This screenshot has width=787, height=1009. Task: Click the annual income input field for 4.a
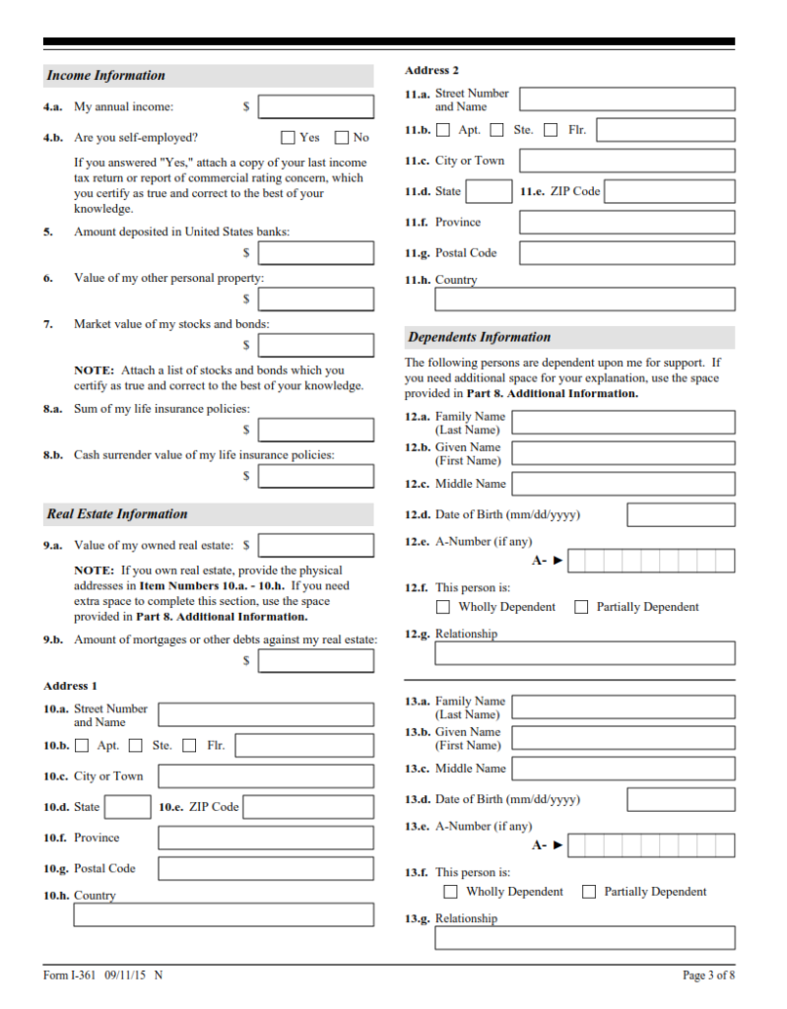pos(316,106)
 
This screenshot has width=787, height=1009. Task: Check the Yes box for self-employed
pos(289,138)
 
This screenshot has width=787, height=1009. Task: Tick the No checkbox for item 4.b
pos(342,138)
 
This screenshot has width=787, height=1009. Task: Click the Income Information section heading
pos(106,76)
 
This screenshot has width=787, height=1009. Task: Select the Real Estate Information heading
pos(116,514)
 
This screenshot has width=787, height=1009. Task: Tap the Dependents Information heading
pos(480,337)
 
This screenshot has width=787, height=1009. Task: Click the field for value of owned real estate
pos(316,545)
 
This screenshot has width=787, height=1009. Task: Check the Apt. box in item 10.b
pos(82,746)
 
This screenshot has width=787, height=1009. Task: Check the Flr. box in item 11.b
pos(551,130)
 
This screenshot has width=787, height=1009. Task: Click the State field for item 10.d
pos(127,807)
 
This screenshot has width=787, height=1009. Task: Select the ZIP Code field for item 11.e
pos(669,191)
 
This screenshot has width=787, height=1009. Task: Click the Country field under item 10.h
pos(224,914)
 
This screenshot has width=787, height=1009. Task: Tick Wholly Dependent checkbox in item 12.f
pos(443,607)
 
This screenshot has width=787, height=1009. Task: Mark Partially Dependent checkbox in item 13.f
pos(589,892)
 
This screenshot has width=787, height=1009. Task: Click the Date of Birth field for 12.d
pos(681,514)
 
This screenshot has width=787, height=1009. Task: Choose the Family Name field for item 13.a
pos(623,706)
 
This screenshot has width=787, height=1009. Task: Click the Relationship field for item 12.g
pos(585,652)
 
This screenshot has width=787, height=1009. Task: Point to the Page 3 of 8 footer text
pos(708,975)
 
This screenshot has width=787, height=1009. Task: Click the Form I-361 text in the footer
pos(70,975)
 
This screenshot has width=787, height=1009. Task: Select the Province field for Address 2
pos(626,222)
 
